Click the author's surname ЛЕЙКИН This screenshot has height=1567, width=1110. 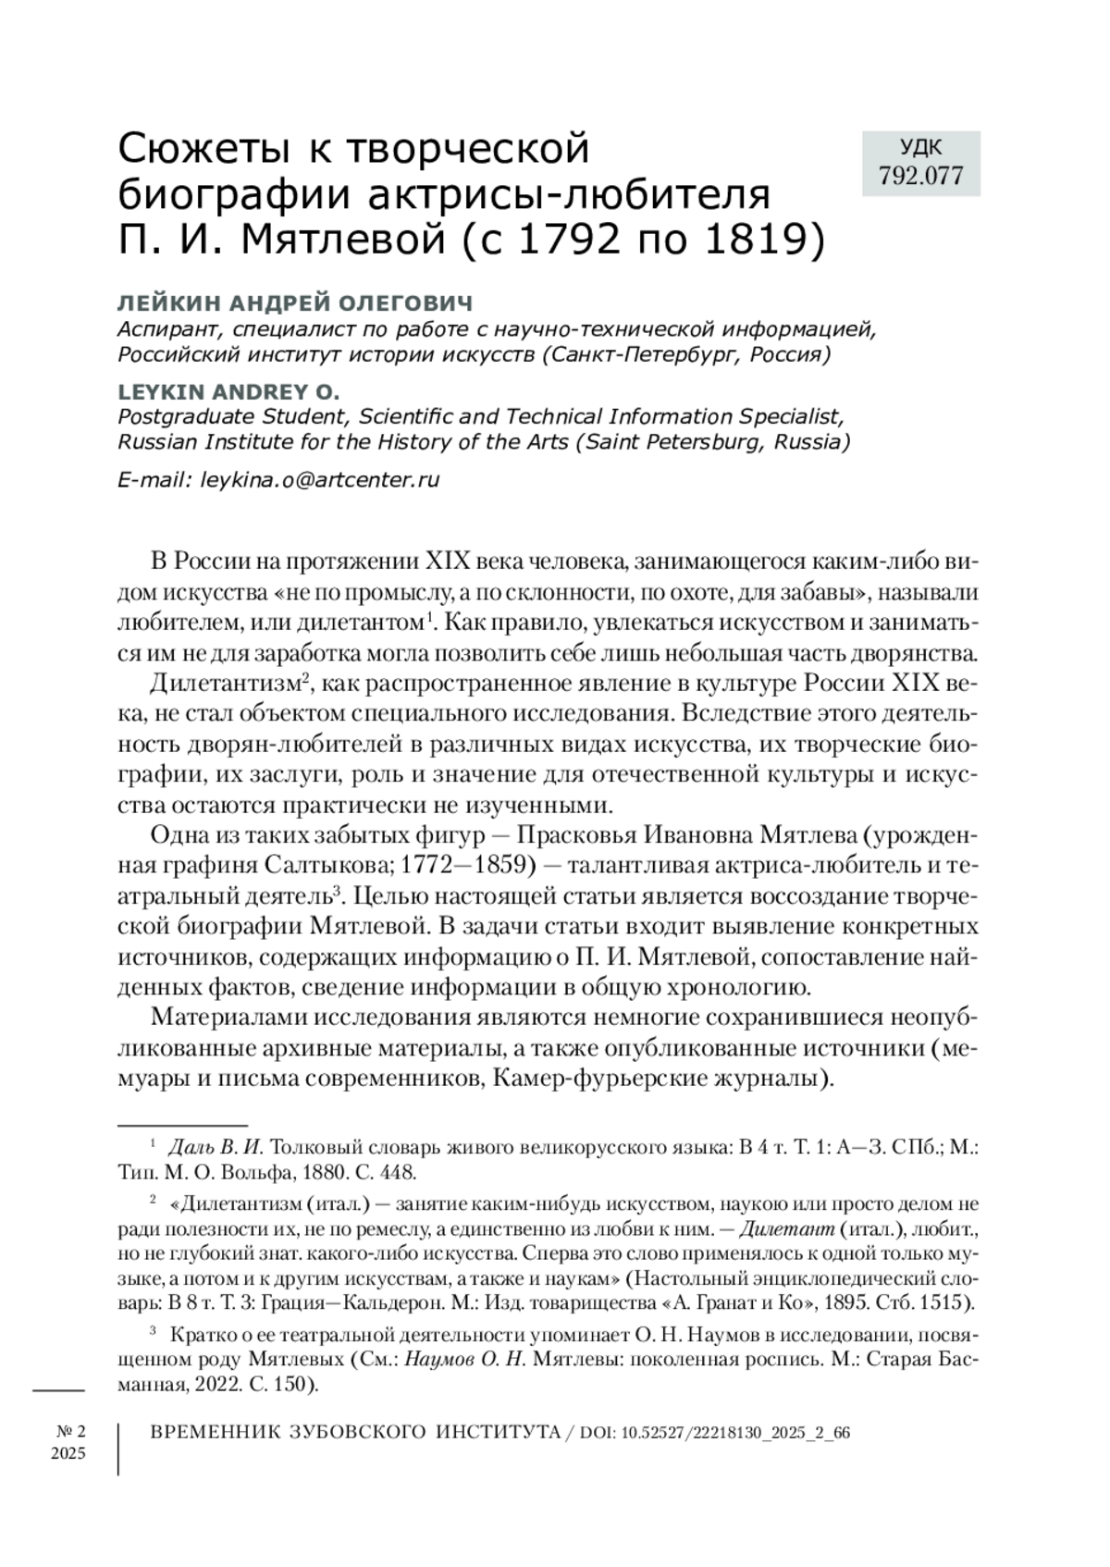tap(167, 303)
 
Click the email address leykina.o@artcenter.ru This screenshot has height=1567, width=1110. tap(319, 480)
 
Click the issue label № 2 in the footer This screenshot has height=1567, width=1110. tap(68, 1431)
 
